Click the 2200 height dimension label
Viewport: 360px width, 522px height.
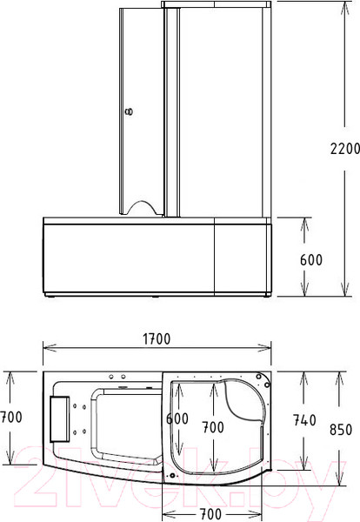(x=344, y=149)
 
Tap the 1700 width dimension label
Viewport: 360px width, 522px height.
(x=157, y=339)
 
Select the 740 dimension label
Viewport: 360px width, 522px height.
(x=304, y=420)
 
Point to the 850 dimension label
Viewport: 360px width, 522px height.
(x=341, y=430)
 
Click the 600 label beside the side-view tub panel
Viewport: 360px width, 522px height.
(x=311, y=260)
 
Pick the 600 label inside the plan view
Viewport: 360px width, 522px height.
(x=177, y=418)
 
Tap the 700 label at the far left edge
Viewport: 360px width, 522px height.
(x=11, y=417)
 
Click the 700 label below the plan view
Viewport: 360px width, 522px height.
(x=211, y=514)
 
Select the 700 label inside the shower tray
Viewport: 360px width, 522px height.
(x=213, y=427)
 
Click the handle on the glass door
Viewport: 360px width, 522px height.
(x=129, y=111)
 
